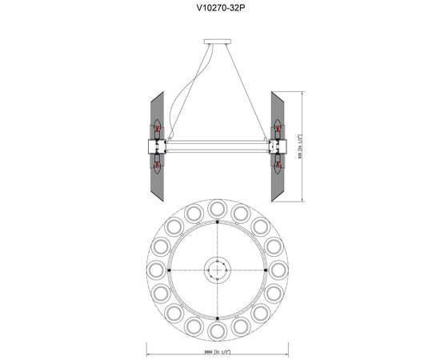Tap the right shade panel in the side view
point(280,146)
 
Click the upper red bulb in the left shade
point(158,128)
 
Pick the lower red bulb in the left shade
point(158,166)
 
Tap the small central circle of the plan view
point(218,270)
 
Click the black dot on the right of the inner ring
point(265,270)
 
